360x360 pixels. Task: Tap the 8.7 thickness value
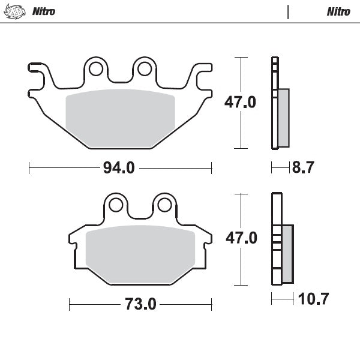tap(302, 168)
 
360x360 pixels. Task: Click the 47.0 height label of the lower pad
tap(241, 239)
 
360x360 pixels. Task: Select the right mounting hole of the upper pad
tap(144, 69)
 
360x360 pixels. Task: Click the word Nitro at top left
tap(44, 11)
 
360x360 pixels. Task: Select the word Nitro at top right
tap(338, 11)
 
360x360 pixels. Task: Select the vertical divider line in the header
tap(289, 11)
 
